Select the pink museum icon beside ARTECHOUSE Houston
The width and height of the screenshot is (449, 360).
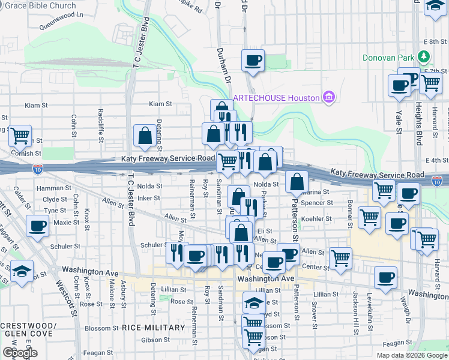[328, 97]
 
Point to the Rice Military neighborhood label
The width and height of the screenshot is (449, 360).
[153, 328]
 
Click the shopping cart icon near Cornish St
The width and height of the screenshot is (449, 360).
[20, 136]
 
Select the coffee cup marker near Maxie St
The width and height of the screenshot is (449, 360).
[38, 227]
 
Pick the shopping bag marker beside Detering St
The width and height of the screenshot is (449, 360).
[145, 136]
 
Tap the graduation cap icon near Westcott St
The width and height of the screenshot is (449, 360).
[22, 271]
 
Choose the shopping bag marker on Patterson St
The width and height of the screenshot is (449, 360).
[297, 181]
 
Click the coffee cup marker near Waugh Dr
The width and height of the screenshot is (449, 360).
[385, 278]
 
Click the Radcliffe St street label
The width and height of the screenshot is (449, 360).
[100, 123]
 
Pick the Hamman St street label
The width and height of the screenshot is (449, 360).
[49, 188]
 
